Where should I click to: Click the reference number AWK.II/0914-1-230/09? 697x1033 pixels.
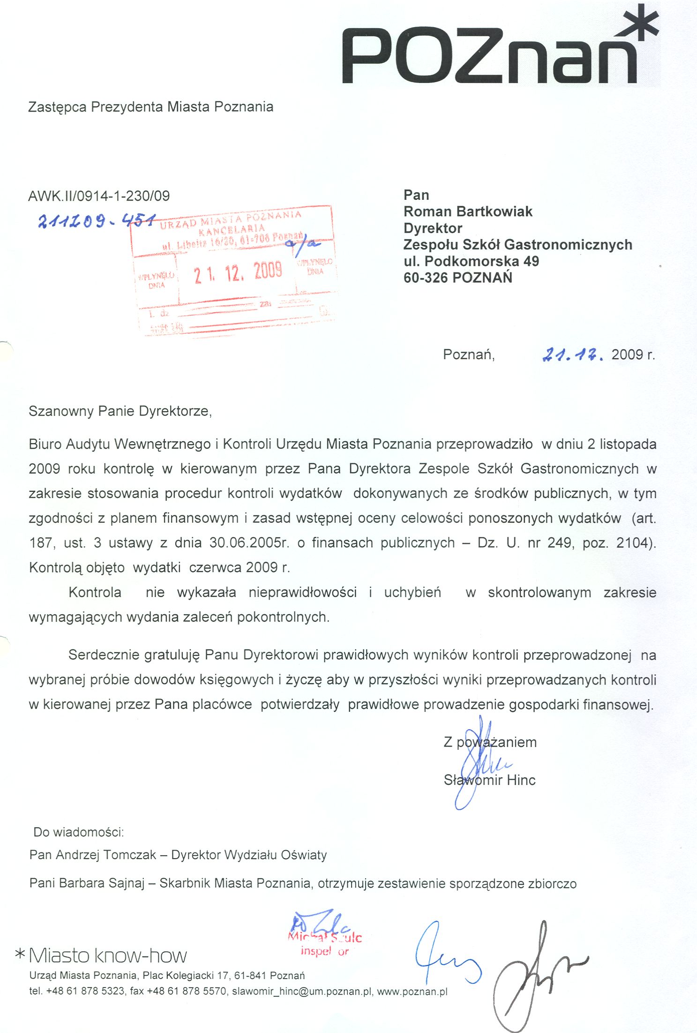tap(99, 196)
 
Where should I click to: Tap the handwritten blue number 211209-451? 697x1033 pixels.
tap(96, 220)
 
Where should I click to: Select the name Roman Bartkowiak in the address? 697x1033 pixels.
tap(468, 211)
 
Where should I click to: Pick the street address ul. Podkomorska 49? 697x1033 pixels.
tap(471, 261)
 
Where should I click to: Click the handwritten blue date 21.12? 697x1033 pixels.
tap(572, 354)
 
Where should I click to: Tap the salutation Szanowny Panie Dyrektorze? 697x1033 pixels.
tap(120, 411)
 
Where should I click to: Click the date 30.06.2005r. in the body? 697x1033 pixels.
tap(249, 543)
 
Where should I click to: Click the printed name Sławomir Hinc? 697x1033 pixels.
tap(489, 780)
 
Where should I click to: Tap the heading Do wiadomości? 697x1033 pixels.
tap(78, 832)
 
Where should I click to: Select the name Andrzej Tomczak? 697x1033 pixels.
tap(105, 855)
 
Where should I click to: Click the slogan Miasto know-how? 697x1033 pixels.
tap(107, 956)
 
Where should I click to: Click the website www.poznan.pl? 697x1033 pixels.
tap(412, 991)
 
